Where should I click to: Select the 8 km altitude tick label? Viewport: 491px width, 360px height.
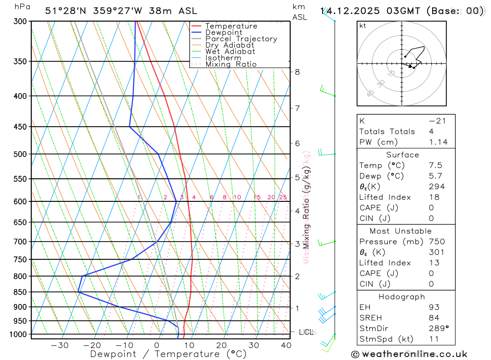point(297,72)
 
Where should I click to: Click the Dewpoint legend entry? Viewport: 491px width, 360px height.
point(223,32)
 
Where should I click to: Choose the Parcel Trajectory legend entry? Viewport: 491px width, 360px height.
point(241,39)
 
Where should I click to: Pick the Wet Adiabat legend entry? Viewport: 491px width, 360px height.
point(230,52)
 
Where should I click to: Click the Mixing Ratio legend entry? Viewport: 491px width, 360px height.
point(231,64)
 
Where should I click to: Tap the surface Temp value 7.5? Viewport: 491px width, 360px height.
point(436,166)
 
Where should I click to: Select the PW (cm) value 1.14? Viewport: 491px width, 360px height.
point(438,142)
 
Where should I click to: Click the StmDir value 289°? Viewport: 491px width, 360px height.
point(438,329)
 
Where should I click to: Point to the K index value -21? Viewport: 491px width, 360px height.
point(437,121)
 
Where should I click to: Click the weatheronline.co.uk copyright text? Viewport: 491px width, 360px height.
point(409,354)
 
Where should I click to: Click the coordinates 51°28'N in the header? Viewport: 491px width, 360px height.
point(64,11)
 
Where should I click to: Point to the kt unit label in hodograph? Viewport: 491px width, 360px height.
point(363,26)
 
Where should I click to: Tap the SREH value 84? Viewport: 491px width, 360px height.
point(434,318)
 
